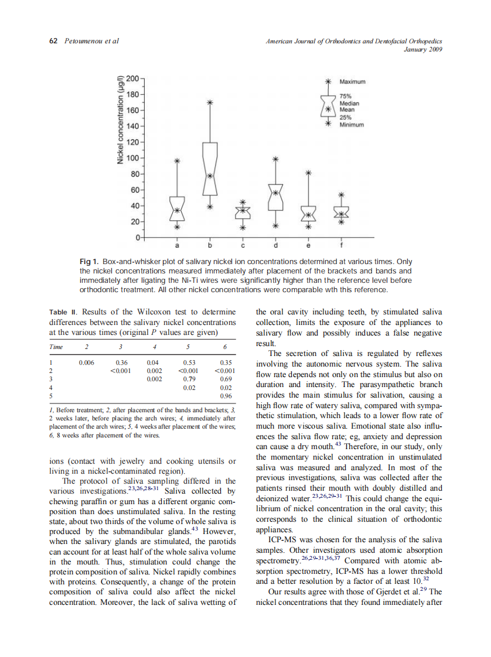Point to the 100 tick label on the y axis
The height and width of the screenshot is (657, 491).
click(x=134, y=158)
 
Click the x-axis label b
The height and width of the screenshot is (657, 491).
click(x=210, y=244)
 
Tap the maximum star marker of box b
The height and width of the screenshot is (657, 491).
click(x=210, y=102)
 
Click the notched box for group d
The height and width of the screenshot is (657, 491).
click(x=277, y=197)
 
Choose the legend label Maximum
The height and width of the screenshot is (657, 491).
click(x=353, y=81)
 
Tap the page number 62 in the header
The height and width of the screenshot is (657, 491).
click(x=53, y=41)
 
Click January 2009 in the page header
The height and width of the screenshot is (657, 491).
click(x=422, y=49)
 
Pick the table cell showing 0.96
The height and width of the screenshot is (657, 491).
click(x=227, y=396)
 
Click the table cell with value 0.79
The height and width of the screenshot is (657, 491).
click(x=189, y=379)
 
